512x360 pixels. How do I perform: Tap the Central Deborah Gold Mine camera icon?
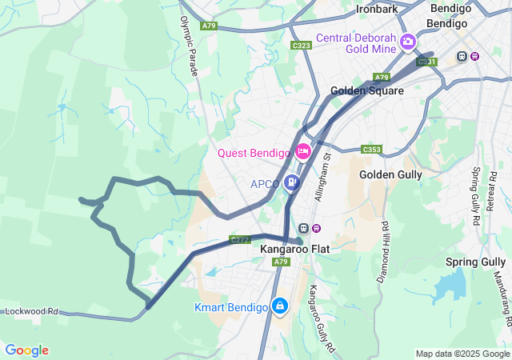pyautogui.click(x=408, y=41)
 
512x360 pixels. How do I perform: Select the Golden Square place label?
pyautogui.click(x=367, y=91)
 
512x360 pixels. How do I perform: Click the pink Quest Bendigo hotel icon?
pyautogui.click(x=303, y=151)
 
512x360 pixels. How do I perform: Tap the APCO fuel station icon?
pyautogui.click(x=292, y=183)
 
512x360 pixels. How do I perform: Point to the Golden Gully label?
pyautogui.click(x=389, y=174)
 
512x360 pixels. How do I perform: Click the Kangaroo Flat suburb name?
pyautogui.click(x=294, y=249)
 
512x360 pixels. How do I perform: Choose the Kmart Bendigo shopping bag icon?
pyautogui.click(x=280, y=306)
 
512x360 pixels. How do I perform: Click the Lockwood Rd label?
pyautogui.click(x=32, y=311)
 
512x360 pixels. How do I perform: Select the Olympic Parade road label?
pyautogui.click(x=190, y=46)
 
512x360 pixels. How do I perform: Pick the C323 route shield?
pyautogui.click(x=302, y=46)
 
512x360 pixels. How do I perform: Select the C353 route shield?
pyautogui.click(x=371, y=150)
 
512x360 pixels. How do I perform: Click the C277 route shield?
pyautogui.click(x=240, y=239)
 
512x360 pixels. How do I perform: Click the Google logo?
pyautogui.click(x=26, y=350)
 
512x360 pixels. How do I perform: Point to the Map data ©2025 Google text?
pyautogui.click(x=462, y=354)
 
